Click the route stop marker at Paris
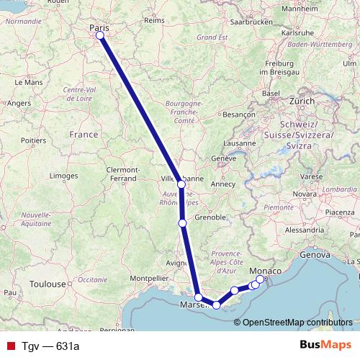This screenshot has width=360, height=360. (100, 35)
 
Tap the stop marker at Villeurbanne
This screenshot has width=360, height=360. (181, 185)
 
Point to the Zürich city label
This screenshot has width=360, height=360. (302, 102)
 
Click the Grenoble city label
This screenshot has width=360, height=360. (210, 217)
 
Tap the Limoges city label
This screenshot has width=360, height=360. (65, 176)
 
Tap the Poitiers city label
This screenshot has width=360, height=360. (33, 140)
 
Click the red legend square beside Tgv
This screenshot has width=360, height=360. (11, 346)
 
